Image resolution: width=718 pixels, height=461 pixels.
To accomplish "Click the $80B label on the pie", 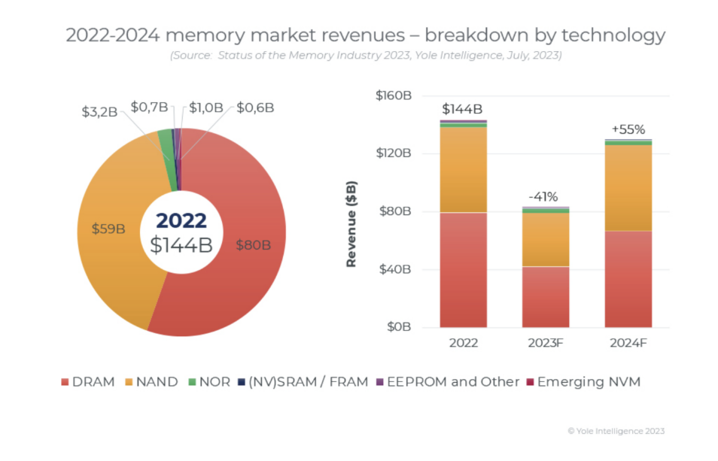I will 249,244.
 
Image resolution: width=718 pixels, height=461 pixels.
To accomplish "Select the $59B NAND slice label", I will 108,229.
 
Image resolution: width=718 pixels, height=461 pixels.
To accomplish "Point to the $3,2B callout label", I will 99,112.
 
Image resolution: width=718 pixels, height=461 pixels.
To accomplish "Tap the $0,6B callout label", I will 255,108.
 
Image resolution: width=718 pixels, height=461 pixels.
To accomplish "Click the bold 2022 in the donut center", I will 181,220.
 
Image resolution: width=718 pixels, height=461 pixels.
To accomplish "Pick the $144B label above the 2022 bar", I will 461,110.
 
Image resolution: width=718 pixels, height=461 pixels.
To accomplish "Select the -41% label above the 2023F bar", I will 543,197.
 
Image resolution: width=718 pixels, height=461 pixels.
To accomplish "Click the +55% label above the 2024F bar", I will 628,129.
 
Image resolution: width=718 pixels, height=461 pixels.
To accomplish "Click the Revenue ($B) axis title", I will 351,225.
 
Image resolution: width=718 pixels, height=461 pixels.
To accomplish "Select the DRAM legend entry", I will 87,382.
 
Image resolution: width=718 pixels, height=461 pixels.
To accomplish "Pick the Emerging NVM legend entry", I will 583,382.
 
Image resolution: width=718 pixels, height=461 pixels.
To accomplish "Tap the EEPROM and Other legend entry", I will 447,382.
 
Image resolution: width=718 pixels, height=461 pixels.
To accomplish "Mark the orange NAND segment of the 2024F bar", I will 628,188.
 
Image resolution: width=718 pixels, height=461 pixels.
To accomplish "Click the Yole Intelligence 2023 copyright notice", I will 616,431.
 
